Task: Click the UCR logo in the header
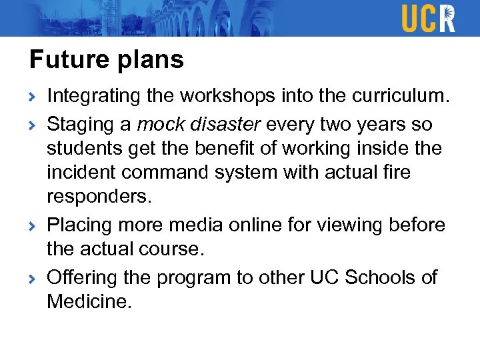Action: [428, 18]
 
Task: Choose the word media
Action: [197, 225]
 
